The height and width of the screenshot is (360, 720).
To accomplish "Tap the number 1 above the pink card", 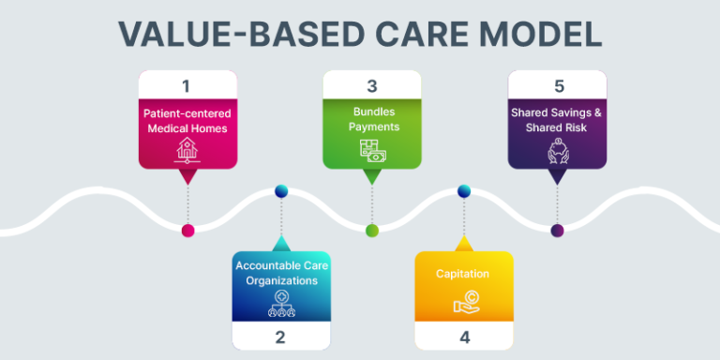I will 187,86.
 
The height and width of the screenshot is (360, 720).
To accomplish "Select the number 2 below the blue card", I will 279,336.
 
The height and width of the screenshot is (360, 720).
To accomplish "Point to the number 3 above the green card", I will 371,86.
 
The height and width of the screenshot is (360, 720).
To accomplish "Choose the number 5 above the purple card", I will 559,86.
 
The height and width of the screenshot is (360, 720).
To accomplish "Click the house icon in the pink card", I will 187,149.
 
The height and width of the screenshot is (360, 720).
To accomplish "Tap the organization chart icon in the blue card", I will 279,301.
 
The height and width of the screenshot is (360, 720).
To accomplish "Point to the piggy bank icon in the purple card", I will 557,151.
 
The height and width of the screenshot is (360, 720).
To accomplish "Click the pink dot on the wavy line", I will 187,231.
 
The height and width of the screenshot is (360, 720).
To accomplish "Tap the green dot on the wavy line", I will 372,231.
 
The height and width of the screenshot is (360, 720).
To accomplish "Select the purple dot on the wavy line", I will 557,231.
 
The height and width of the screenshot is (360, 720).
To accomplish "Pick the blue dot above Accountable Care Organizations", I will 280,192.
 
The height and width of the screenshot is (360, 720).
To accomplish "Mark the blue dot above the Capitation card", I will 463,192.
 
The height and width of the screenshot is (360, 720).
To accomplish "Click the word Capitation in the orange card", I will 463,274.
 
